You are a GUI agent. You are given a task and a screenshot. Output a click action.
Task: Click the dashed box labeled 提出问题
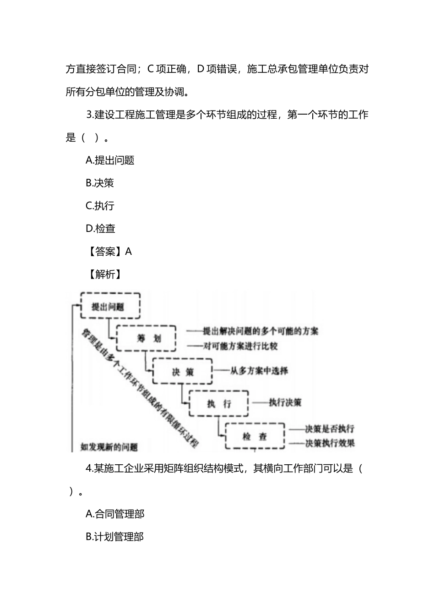(x=110, y=306)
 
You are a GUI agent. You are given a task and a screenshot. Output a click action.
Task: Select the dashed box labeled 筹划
(x=147, y=339)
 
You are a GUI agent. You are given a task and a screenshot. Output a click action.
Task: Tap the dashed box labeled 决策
(x=182, y=371)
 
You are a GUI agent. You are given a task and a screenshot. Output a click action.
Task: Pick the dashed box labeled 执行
(x=218, y=403)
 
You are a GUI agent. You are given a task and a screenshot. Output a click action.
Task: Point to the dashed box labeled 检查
(x=255, y=436)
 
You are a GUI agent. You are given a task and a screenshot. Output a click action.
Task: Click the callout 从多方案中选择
(x=259, y=370)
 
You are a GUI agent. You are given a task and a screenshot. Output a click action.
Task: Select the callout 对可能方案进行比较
(x=240, y=346)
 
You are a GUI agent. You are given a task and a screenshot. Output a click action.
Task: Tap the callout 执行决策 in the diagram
(x=285, y=402)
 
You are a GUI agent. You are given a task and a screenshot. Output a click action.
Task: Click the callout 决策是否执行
(x=330, y=429)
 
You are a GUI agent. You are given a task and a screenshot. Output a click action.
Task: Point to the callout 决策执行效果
(x=330, y=443)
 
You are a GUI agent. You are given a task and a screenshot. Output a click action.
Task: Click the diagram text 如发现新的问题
(x=109, y=447)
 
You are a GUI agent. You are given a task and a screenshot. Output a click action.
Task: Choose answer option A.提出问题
(x=110, y=160)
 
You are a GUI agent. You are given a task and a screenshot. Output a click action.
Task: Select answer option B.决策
(x=100, y=183)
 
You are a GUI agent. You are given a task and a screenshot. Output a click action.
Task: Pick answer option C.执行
(x=100, y=206)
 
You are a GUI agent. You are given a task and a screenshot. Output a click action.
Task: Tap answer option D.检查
(x=100, y=228)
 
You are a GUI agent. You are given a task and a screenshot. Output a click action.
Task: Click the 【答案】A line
(x=109, y=251)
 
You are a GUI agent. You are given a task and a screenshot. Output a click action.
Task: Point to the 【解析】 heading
(x=105, y=274)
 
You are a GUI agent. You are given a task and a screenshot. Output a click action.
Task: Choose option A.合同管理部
(x=115, y=514)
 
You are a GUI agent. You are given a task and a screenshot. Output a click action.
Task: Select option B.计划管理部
(x=115, y=537)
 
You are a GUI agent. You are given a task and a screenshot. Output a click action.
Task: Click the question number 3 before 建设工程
(x=89, y=115)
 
